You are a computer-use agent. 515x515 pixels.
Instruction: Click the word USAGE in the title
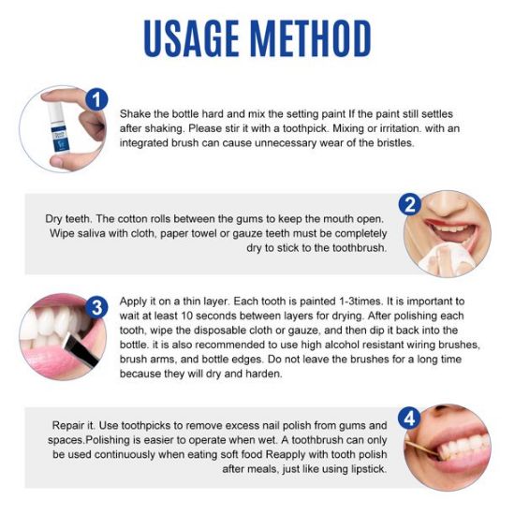coord(191,38)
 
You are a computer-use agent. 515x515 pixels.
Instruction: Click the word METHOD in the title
coord(312,38)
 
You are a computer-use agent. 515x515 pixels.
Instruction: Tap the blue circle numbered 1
coord(96,99)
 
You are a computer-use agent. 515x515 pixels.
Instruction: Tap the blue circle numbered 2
coord(409,204)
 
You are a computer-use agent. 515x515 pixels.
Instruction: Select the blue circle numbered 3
coord(96,308)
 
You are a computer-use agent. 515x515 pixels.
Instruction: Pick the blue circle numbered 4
coord(409,419)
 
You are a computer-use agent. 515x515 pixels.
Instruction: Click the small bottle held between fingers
coord(58,127)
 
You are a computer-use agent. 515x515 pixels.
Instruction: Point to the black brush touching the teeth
coord(81,350)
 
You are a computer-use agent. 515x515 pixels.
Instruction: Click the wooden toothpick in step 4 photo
coord(422,448)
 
